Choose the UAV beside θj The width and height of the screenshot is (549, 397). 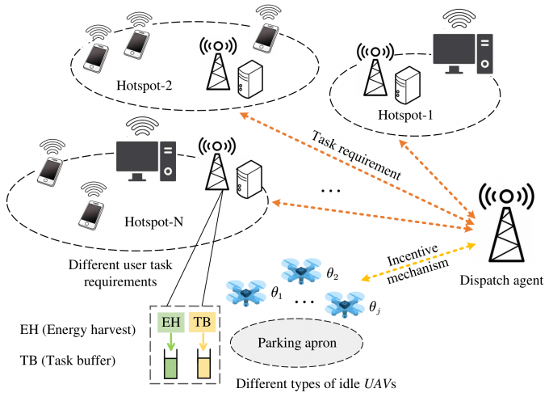click(x=342, y=305)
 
